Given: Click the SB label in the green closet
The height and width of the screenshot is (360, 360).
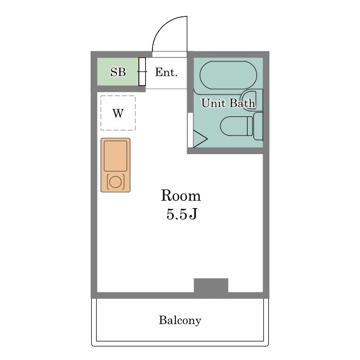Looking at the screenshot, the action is (x=118, y=72).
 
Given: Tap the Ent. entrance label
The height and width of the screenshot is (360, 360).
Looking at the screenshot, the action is (x=166, y=72).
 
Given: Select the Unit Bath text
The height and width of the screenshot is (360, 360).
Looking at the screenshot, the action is (x=228, y=103).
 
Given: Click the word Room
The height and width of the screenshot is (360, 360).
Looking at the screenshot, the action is (x=181, y=196).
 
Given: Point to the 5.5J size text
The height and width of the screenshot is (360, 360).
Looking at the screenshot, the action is (x=182, y=214).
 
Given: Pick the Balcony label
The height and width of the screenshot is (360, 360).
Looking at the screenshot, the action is (x=180, y=320).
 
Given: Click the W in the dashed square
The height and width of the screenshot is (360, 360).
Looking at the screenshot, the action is (x=118, y=113).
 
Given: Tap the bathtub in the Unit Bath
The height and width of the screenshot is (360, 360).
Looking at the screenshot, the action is (x=228, y=75).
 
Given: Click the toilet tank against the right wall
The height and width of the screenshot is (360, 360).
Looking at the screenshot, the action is (x=258, y=126).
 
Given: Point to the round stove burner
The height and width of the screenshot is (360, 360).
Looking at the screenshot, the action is (x=115, y=182).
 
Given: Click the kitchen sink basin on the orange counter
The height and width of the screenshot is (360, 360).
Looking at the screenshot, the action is (x=115, y=156).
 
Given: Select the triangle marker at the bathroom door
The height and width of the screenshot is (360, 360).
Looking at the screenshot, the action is (x=200, y=139).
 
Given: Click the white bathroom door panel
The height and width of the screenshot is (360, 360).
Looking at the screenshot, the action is (x=190, y=130).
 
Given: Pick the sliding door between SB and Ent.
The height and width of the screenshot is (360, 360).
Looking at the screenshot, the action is (x=142, y=71).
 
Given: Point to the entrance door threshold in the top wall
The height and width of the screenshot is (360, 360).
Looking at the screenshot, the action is (x=170, y=55).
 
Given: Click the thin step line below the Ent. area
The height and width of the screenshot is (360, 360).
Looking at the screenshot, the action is (x=166, y=89).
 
